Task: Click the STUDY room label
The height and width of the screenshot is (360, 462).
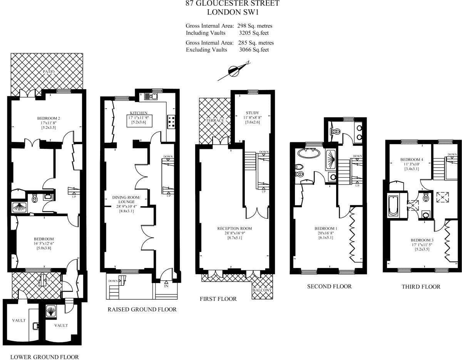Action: coord(253,113)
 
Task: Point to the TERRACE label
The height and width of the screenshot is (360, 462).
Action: coord(215,120)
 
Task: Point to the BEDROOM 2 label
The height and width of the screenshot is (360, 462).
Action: coord(49,118)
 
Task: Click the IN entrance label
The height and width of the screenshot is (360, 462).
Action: coord(166,286)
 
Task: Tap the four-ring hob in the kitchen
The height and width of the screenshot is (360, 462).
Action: coord(171,122)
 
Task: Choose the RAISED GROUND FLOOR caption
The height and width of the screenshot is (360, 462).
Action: coord(142,309)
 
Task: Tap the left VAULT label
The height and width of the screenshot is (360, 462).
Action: coord(18,320)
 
